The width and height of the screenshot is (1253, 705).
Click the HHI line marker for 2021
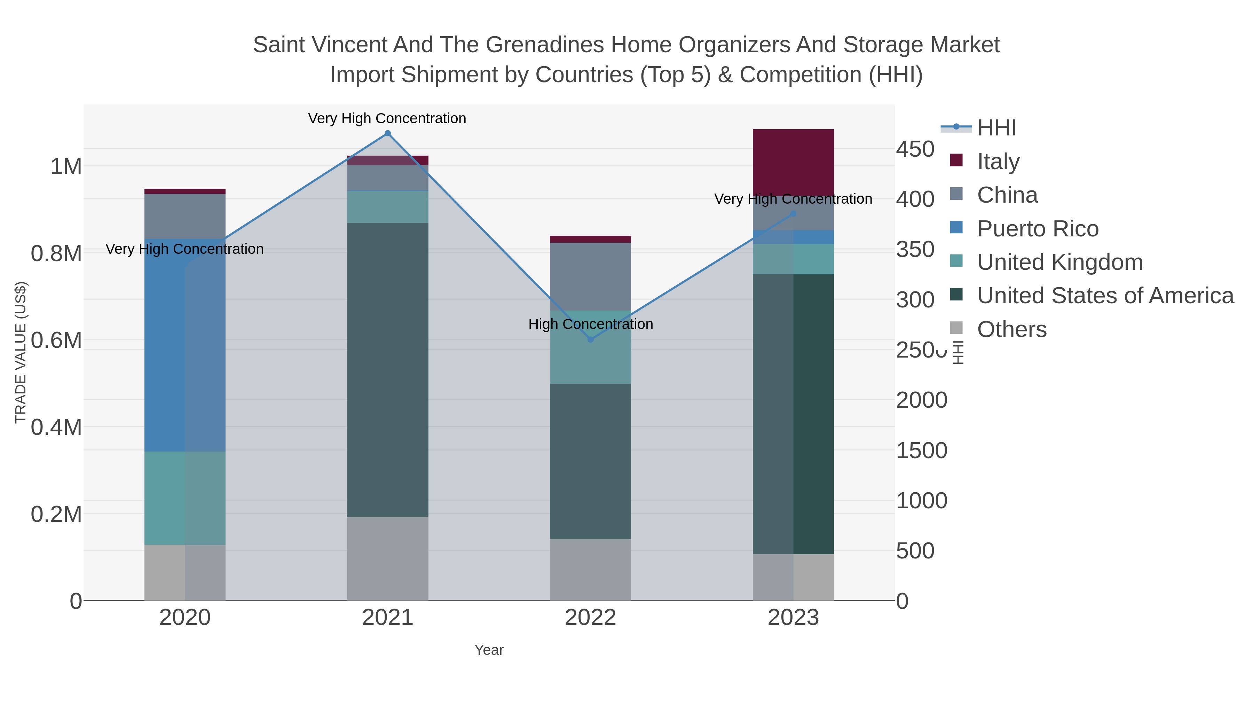click(388, 133)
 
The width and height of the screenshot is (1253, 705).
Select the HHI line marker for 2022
click(591, 339)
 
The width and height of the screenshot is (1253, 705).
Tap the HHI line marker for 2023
click(793, 214)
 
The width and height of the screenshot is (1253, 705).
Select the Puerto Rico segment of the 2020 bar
click(185, 345)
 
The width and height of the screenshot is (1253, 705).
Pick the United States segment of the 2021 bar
click(388, 370)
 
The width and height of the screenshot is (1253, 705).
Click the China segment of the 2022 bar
click(591, 276)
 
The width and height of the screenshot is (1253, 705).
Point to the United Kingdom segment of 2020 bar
click(185, 498)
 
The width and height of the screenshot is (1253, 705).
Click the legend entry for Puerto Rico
click(1038, 229)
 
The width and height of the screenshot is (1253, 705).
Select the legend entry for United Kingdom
click(1059, 262)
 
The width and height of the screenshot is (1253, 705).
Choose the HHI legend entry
click(996, 128)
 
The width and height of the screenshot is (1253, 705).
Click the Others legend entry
click(1011, 329)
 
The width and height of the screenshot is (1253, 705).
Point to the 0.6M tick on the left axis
click(56, 340)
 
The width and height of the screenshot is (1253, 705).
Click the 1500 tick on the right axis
click(921, 451)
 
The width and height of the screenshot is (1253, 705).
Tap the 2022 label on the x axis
click(591, 618)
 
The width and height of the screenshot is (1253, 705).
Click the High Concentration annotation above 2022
click(591, 324)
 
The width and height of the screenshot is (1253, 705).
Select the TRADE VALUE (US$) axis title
click(21, 352)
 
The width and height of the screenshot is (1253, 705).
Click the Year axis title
click(489, 650)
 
